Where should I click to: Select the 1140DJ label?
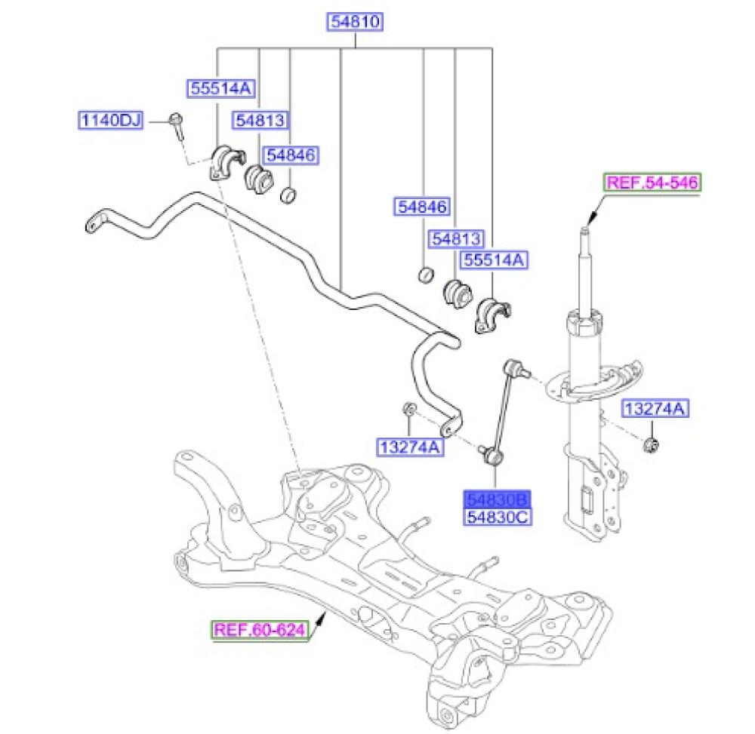pos(111,119)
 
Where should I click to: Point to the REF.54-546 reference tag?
pos(652,183)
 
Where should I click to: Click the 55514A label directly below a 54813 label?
pos(494,260)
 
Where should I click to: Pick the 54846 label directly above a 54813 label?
pos(422,207)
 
